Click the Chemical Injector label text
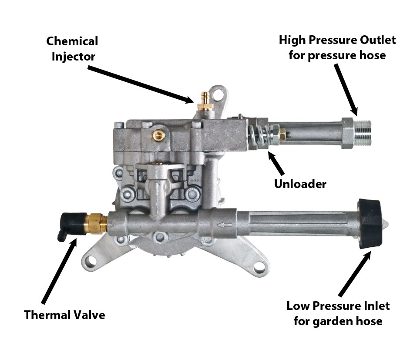[72, 49]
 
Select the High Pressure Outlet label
[337, 47]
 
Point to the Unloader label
[300, 184]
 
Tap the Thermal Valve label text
[64, 315]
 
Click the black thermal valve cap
[70, 222]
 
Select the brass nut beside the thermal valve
[97, 223]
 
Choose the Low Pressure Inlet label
[338, 313]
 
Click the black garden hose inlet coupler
[370, 223]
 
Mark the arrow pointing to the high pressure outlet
[346, 89]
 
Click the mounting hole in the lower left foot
[91, 261]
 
